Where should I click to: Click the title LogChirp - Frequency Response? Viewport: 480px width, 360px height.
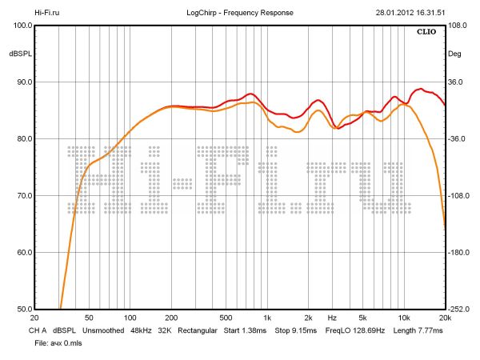[240, 13]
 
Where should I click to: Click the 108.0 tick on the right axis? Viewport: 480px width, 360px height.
[458, 25]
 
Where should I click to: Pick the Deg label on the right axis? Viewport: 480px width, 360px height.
[454, 54]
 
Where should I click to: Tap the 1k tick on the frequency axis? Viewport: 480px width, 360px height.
[267, 318]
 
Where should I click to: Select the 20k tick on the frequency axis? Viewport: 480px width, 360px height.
[444, 318]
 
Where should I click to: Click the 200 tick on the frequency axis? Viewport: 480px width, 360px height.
[170, 318]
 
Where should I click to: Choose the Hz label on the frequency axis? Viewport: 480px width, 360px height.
[331, 318]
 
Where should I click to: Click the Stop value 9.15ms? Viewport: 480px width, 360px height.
[307, 330]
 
